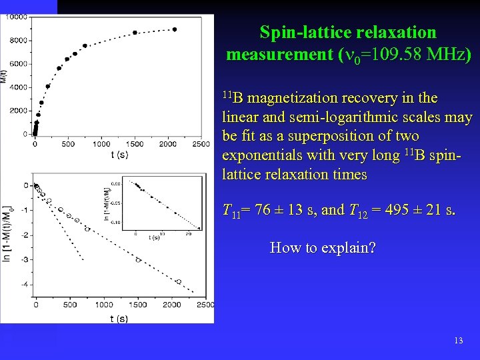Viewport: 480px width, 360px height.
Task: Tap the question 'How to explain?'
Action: (323, 248)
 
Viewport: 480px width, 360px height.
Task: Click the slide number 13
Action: (458, 341)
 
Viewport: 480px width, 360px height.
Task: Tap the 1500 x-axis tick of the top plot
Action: (135, 143)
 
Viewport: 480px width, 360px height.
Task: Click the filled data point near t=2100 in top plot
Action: (175, 29)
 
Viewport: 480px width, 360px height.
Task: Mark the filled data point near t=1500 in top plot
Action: (135, 32)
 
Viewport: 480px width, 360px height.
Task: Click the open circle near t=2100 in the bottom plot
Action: (178, 281)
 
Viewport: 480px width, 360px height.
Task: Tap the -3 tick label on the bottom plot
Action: (25, 259)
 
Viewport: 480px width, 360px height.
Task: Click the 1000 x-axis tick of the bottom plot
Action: (103, 305)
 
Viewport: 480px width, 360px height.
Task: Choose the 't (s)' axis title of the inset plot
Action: (154, 237)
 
